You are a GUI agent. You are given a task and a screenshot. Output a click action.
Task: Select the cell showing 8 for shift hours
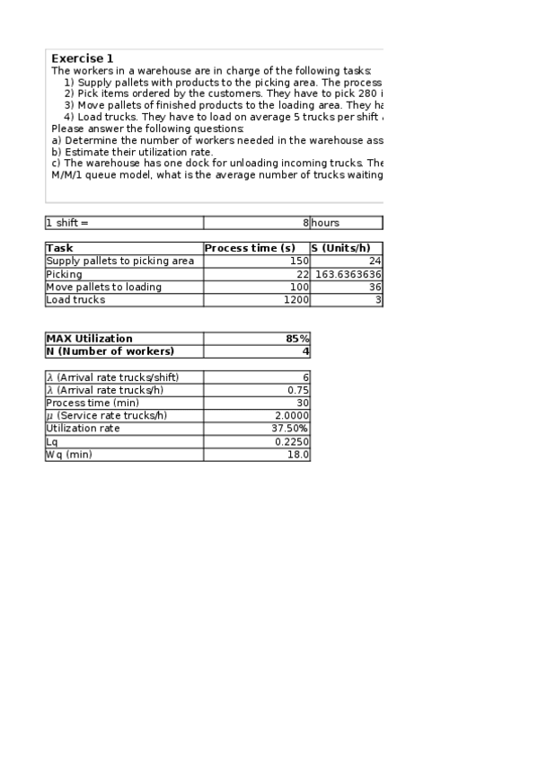(305, 223)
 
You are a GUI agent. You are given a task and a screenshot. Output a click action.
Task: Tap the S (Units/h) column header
(347, 248)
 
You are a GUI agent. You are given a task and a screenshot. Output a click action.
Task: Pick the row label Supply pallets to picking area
(119, 261)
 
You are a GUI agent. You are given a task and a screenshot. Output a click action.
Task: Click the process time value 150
(300, 261)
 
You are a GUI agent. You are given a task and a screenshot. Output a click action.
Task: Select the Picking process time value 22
(303, 274)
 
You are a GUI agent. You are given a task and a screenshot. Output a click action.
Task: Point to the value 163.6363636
(348, 274)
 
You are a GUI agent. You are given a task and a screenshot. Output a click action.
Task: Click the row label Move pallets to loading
(104, 287)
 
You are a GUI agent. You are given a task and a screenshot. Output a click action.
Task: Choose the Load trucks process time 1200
(295, 300)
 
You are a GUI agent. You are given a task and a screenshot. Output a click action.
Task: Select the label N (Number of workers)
(110, 351)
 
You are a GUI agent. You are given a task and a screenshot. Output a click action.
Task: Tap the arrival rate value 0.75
(298, 390)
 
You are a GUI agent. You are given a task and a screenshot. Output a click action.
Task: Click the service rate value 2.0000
(293, 416)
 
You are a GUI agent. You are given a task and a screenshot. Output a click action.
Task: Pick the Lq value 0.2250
(293, 442)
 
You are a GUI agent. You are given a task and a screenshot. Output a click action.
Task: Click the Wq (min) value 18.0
(298, 455)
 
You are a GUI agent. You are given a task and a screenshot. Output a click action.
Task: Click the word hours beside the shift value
(325, 223)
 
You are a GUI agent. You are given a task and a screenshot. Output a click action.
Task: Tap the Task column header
(59, 248)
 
